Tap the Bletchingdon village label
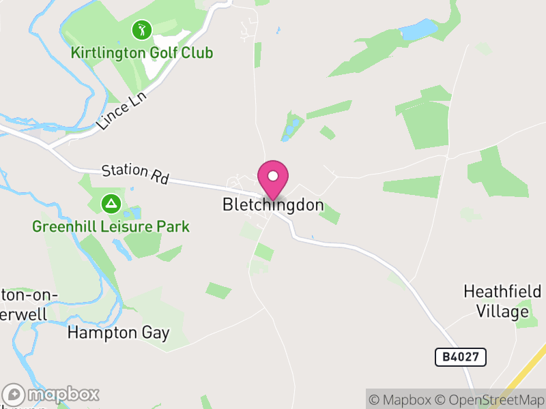click(273, 204)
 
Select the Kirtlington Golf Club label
click(142, 52)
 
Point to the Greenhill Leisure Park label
click(111, 226)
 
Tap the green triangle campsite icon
click(110, 203)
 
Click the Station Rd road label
click(135, 174)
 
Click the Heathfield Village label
click(502, 301)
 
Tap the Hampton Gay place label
click(118, 333)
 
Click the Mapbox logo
click(52, 394)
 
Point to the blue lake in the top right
click(418, 29)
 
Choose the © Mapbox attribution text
click(402, 399)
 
